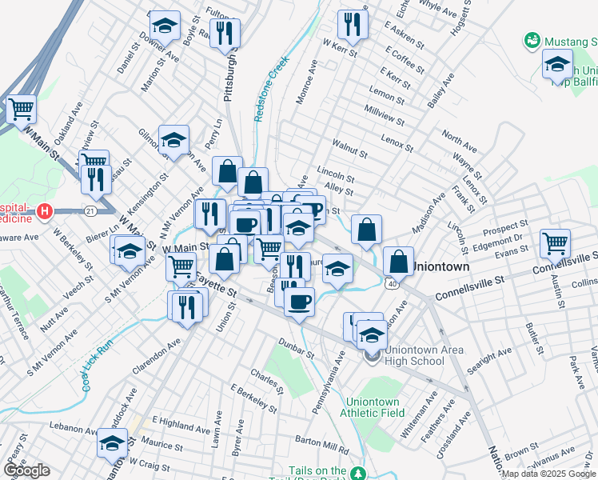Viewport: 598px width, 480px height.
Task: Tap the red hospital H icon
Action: [x=46, y=212]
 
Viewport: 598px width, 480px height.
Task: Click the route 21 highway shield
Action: [x=91, y=210]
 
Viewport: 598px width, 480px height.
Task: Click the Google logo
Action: [x=26, y=470]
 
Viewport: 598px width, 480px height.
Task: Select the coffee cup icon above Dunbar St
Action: [x=299, y=302]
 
